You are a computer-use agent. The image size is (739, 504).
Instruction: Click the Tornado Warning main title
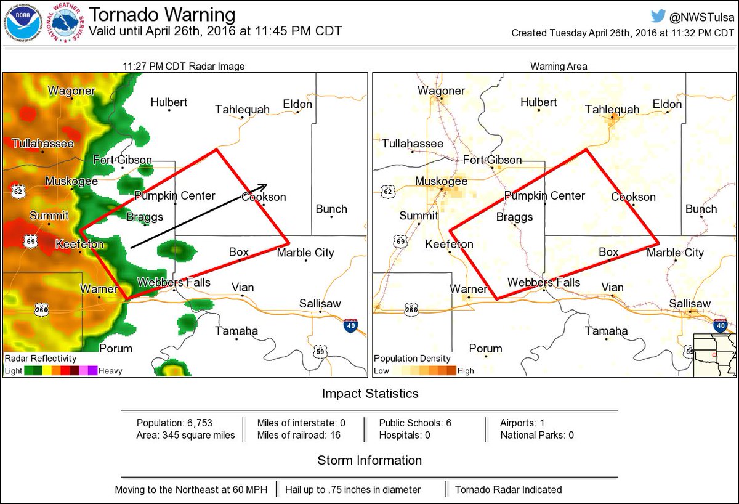[162, 15]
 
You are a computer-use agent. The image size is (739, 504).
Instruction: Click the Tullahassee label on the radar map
[43, 144]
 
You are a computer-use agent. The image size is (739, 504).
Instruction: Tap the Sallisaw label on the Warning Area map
[690, 303]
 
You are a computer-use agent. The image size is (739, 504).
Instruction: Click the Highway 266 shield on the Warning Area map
[411, 309]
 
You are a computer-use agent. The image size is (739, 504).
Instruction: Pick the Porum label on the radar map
[116, 348]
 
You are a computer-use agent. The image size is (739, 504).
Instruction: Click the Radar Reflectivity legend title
[41, 358]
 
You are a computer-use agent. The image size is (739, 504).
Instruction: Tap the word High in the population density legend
[466, 371]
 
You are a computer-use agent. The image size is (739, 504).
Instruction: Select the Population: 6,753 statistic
[174, 423]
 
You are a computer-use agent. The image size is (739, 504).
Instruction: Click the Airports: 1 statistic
[522, 423]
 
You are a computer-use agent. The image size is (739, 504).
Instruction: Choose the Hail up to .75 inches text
[353, 490]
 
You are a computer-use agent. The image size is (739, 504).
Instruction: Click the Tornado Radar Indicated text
[508, 490]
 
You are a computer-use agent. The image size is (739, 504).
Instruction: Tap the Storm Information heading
[369, 460]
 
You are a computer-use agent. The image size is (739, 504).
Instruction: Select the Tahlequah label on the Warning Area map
[612, 109]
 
